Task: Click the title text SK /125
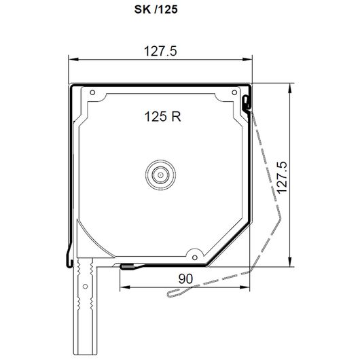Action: pos(156,10)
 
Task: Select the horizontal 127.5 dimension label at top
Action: pos(160,51)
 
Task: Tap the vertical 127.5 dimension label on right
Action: pos(282,177)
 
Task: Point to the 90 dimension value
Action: pos(185,278)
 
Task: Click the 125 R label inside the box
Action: pos(163,116)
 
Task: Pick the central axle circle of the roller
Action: pos(160,175)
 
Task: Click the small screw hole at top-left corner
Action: pos(92,92)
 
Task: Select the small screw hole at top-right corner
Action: pos(234,92)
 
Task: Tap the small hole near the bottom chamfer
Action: pos(195,257)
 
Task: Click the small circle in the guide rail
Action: pos(85,286)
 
